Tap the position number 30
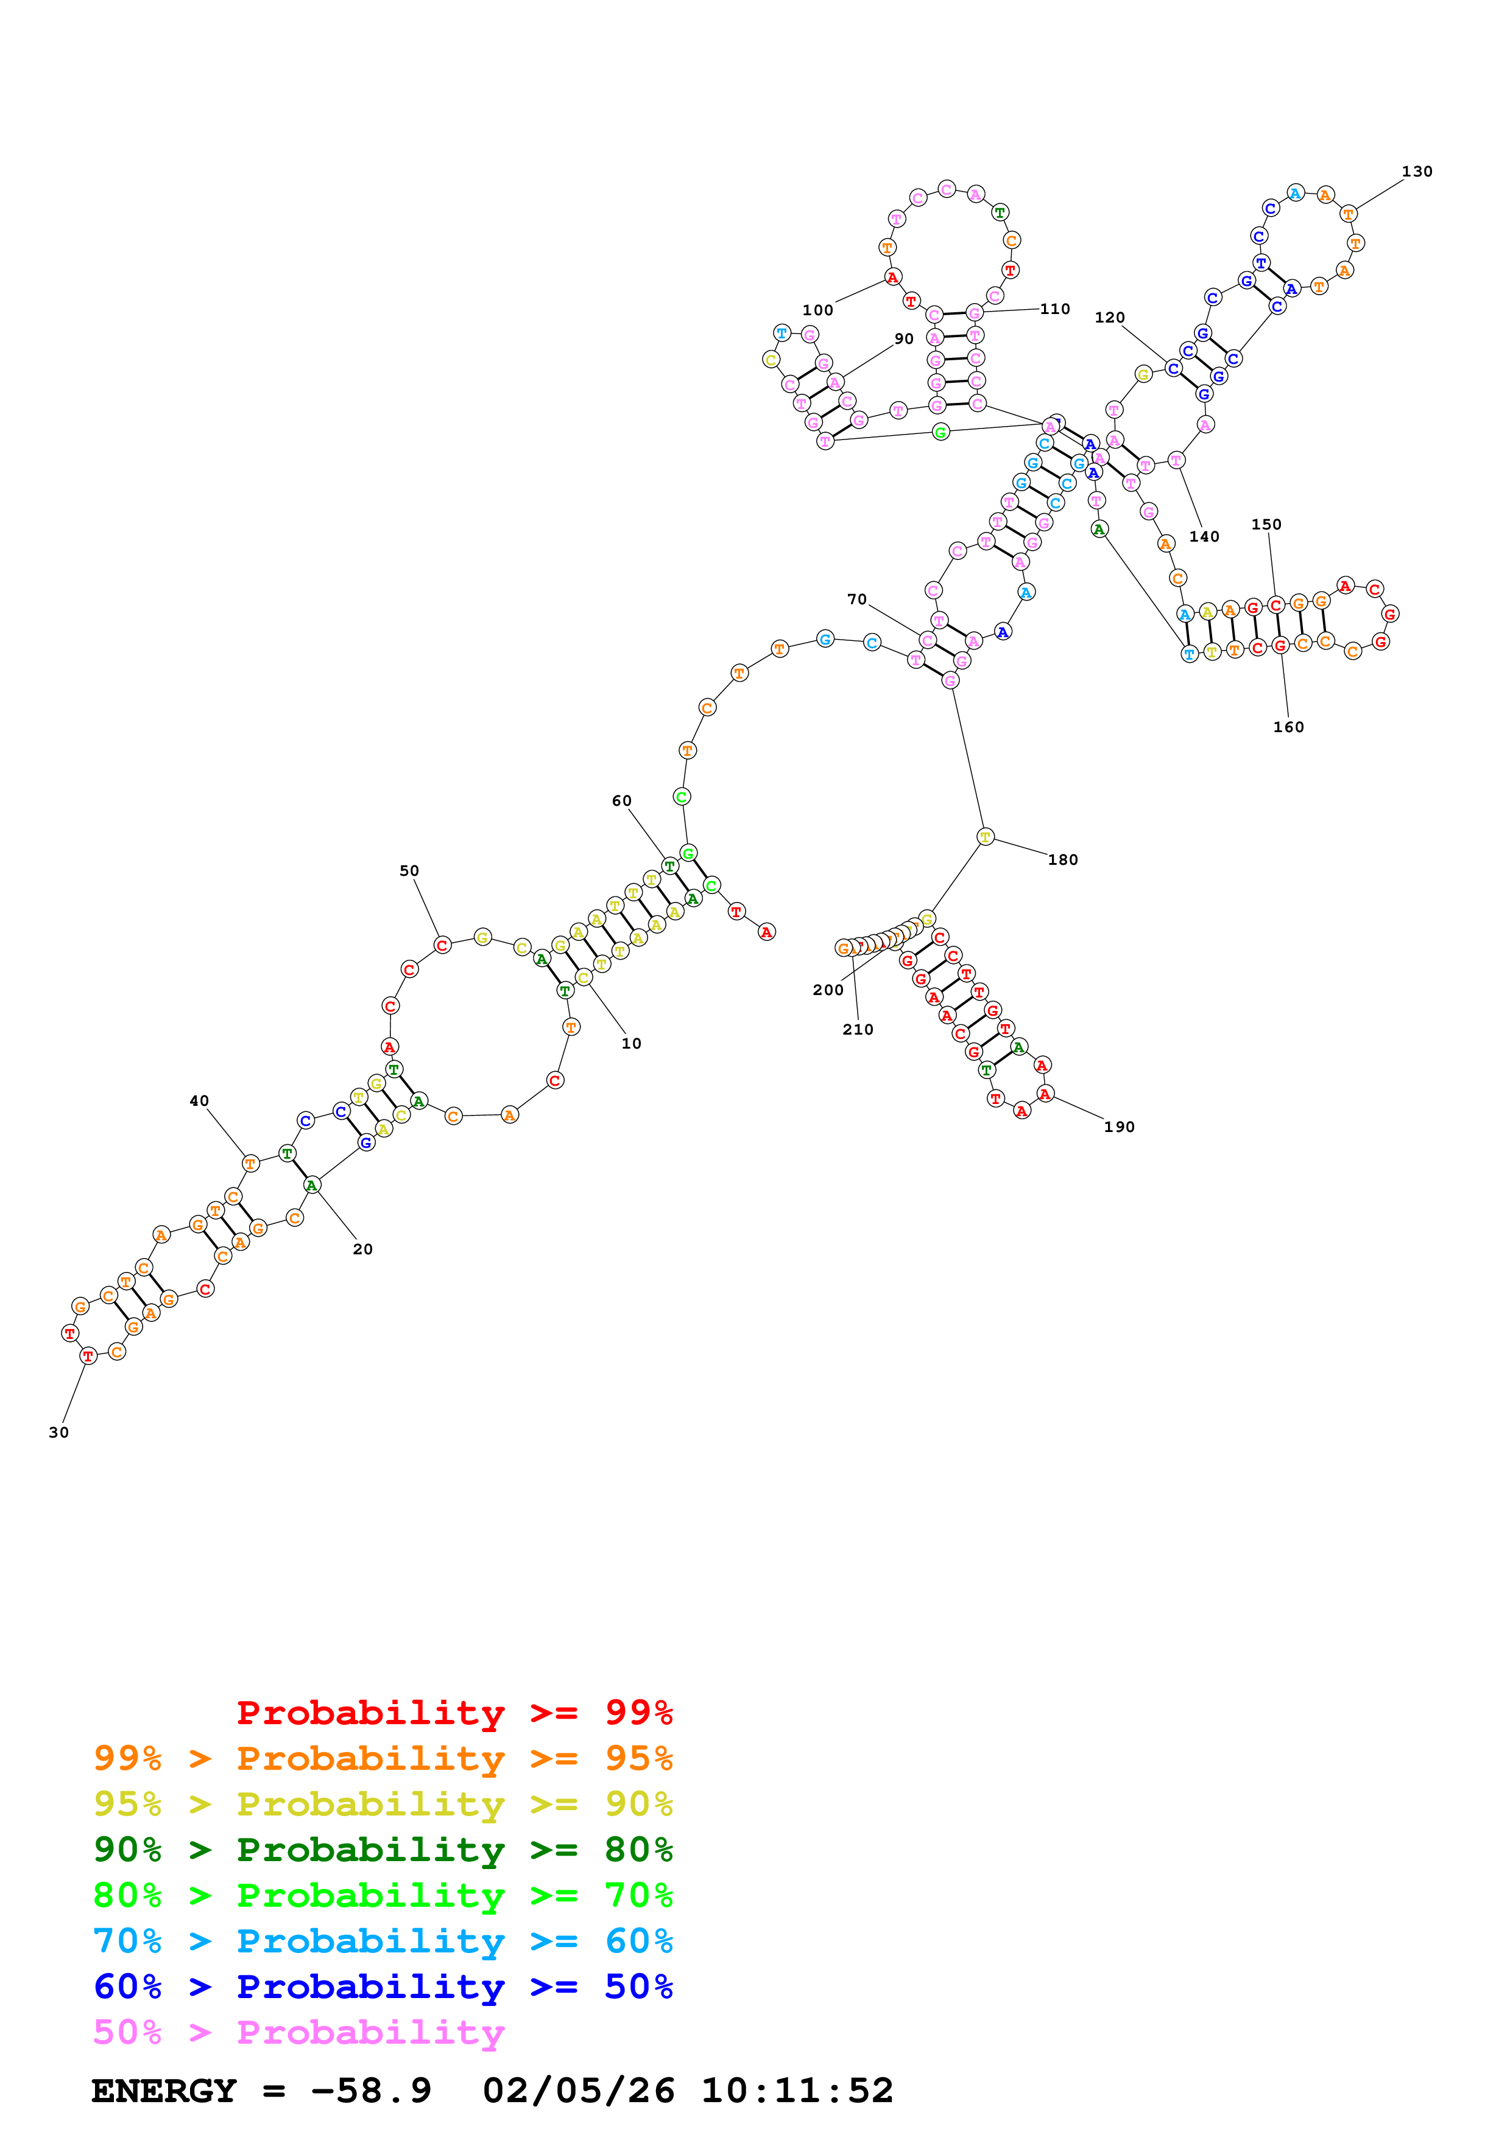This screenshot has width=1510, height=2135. point(58,1433)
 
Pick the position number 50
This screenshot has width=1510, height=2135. point(409,872)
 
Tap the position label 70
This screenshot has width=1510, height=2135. point(857,599)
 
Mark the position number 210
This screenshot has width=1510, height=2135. point(858,1029)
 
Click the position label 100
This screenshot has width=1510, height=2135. point(818,310)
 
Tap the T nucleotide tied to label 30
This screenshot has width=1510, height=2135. point(88,1356)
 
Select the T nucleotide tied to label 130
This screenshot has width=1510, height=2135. point(1347,214)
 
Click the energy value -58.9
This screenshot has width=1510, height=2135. point(370,2091)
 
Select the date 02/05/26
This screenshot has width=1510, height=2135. point(578,2091)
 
